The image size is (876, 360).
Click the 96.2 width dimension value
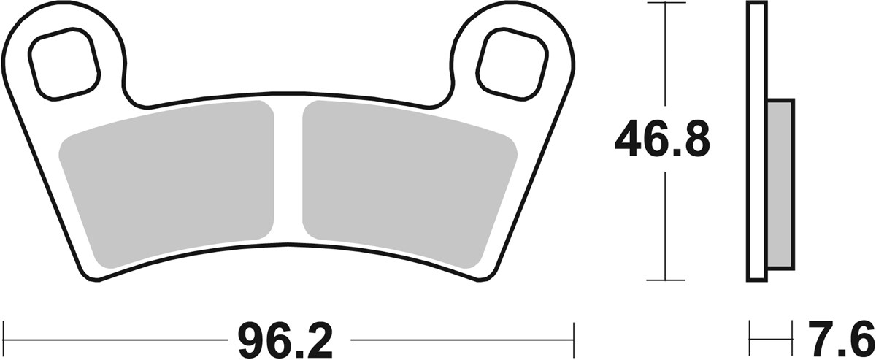pyautogui.click(x=285, y=340)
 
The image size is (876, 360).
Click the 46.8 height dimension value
pyautogui.click(x=662, y=140)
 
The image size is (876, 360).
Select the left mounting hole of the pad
pyautogui.click(x=64, y=64)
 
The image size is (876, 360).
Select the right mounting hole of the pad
pyautogui.click(x=512, y=64)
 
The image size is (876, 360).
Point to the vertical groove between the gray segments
pyautogui.click(x=289, y=175)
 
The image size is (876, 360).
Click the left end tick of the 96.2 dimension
pyautogui.click(x=5, y=340)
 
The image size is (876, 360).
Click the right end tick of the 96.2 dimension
pyautogui.click(x=573, y=340)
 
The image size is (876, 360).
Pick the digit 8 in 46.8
pyautogui.click(x=694, y=140)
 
